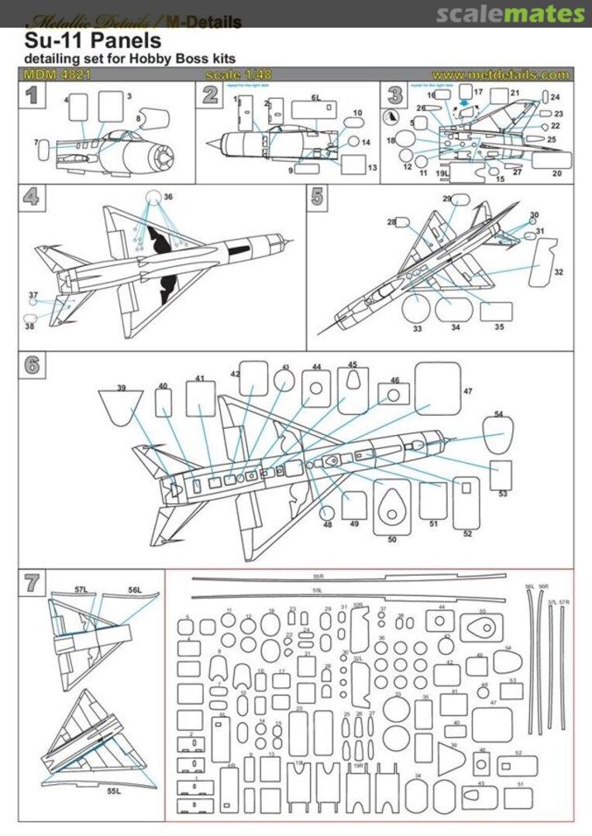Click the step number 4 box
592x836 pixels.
(30, 197)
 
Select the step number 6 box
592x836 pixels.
(31, 365)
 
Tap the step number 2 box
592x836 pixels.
(210, 94)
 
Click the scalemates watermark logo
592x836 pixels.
(510, 14)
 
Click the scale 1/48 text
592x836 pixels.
(239, 75)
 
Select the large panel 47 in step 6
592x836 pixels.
(438, 389)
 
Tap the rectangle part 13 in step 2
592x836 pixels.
(353, 165)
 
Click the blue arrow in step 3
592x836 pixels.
(464, 101)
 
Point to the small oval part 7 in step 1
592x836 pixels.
(43, 149)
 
